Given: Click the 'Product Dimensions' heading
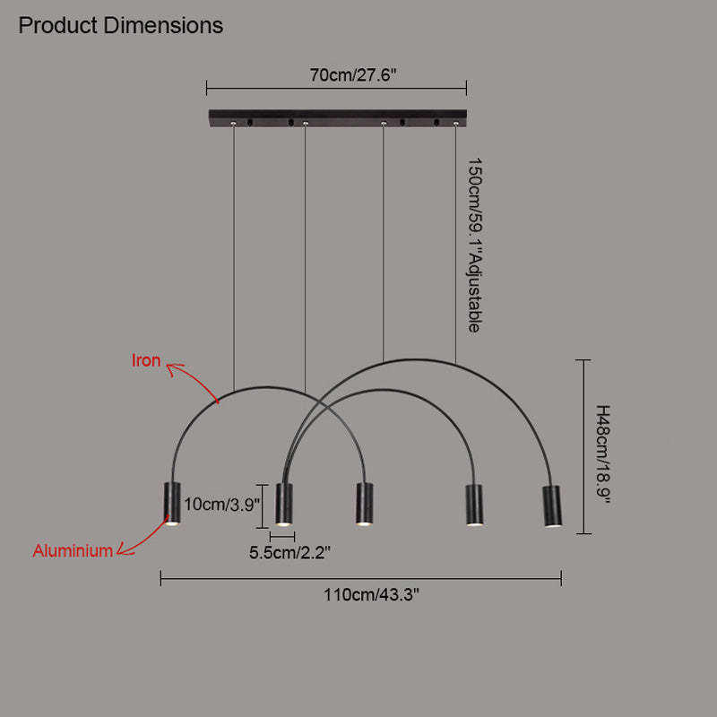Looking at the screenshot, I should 121,25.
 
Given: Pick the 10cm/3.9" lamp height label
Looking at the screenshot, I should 220,504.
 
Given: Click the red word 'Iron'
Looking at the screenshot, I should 146,361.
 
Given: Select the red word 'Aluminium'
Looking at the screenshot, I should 73,551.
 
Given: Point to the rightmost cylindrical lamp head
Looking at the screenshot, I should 551,506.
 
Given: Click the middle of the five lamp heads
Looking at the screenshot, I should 364,504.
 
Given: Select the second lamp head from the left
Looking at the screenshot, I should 284,504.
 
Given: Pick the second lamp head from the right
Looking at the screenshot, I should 472,505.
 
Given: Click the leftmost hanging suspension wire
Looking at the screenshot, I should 234,260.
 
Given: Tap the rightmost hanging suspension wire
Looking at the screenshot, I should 455,242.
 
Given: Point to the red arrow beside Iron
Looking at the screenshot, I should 193,381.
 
